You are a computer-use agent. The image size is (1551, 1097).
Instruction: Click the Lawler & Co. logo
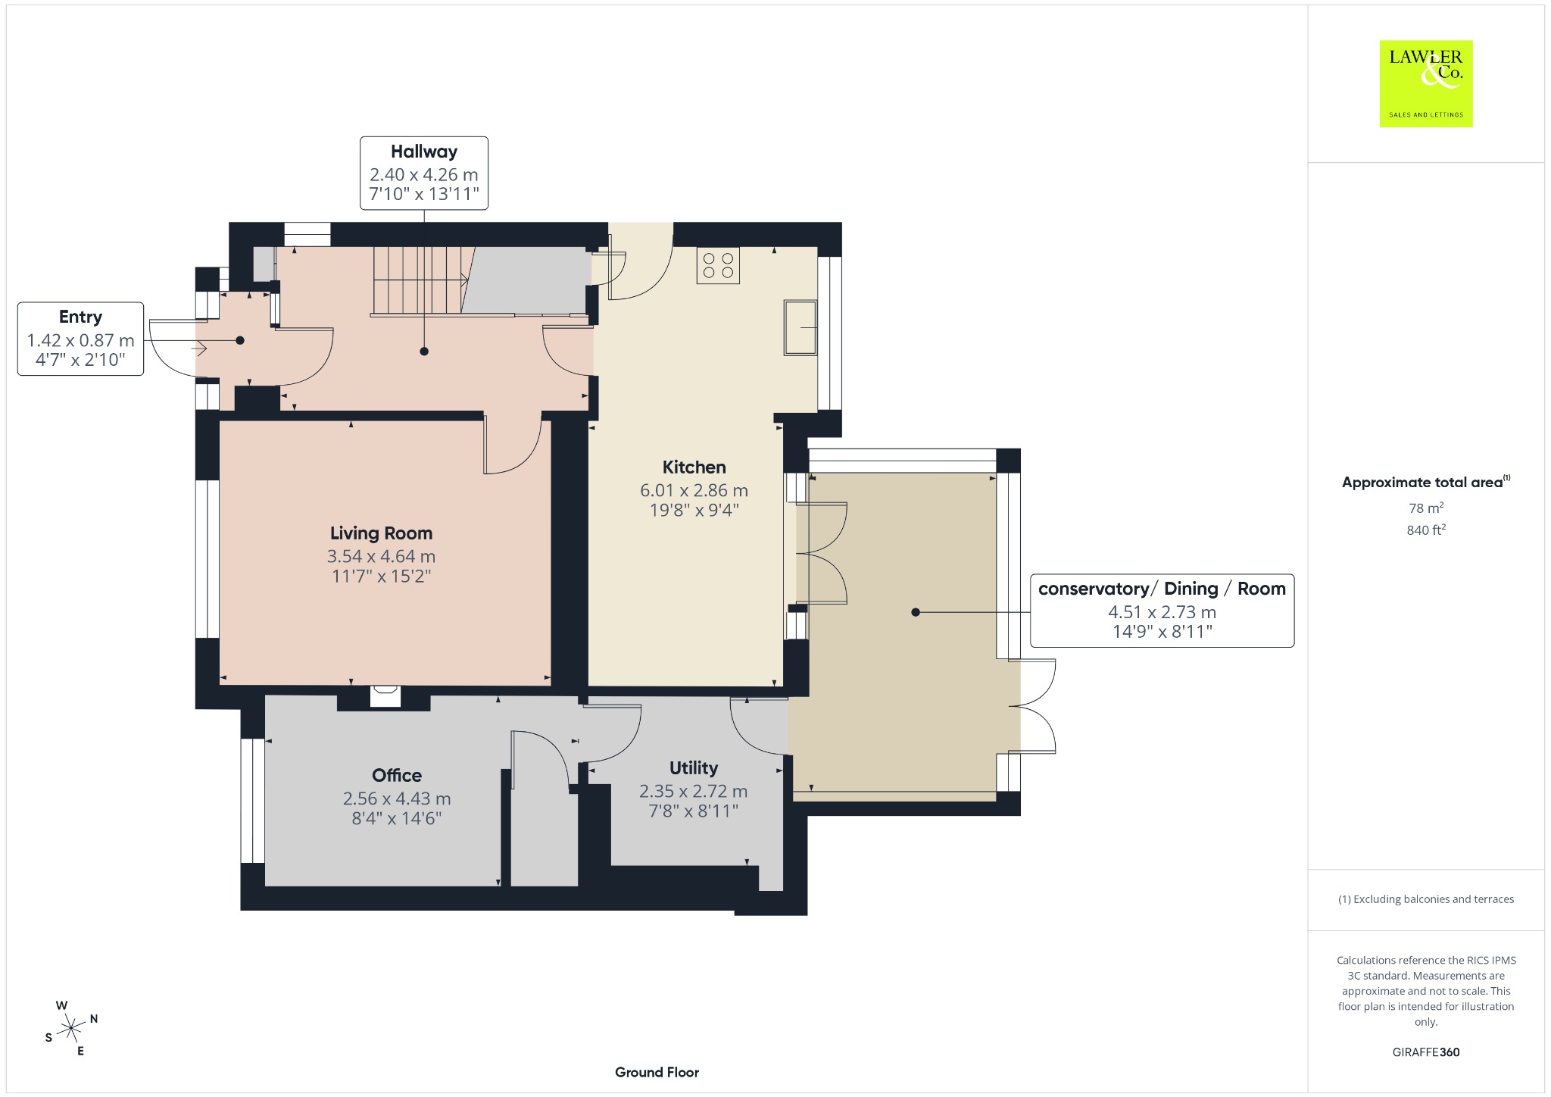[1426, 83]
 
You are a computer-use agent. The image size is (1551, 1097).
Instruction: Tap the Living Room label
[381, 533]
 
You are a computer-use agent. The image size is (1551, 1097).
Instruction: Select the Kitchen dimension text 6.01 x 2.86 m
[694, 490]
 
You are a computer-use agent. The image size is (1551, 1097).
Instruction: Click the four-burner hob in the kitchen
[718, 265]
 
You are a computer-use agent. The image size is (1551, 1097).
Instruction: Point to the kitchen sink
[800, 327]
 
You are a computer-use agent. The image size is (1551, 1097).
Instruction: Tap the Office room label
[397, 775]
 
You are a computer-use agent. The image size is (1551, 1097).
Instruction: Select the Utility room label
[694, 768]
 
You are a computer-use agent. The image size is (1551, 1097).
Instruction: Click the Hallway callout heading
[424, 152]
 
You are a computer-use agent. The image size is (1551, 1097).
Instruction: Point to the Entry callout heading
[80, 317]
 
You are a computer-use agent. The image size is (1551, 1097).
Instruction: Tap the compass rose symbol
[71, 1028]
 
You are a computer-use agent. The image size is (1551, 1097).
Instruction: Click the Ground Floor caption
[657, 1072]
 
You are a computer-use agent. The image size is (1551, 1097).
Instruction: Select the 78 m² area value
[1426, 508]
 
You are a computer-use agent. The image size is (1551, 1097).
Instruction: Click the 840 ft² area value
[1426, 530]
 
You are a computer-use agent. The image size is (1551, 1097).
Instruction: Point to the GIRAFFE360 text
[1426, 1052]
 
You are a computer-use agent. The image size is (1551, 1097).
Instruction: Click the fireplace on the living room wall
[385, 696]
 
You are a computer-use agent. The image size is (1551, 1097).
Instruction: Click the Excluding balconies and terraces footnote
[1426, 899]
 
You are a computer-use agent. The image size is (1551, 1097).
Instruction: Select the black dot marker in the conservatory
[916, 612]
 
